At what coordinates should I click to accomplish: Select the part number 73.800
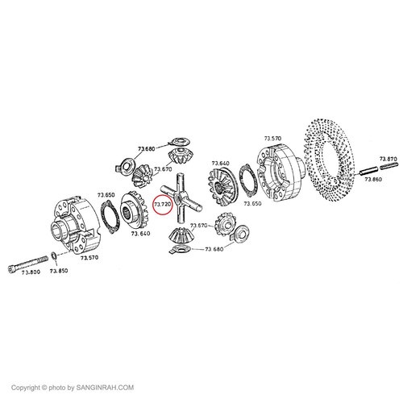pyautogui.click(x=30, y=272)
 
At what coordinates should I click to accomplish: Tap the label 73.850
pyautogui.click(x=58, y=272)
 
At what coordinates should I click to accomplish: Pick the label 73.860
pyautogui.click(x=373, y=178)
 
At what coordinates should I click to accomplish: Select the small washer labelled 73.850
pyautogui.click(x=53, y=257)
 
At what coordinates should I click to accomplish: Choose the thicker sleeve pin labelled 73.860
pyautogui.click(x=367, y=170)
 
